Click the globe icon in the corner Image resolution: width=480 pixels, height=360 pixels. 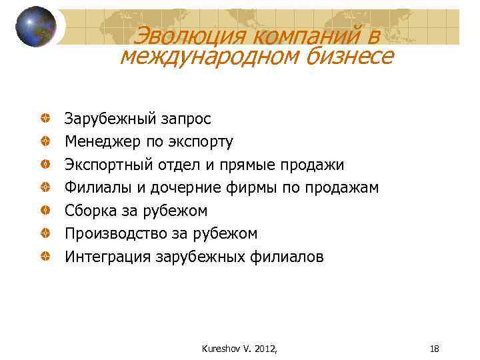[x=35, y=26]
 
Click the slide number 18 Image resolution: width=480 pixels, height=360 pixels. [x=434, y=348]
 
